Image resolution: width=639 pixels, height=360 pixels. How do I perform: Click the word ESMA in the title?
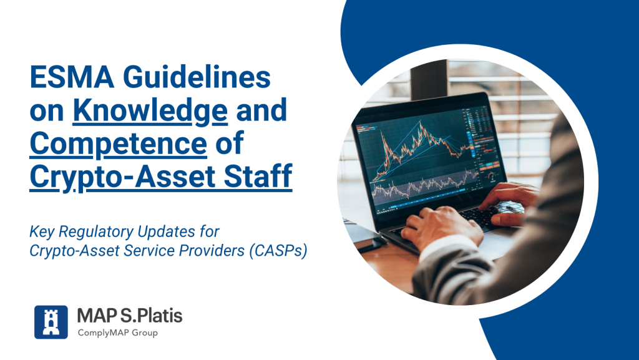(72, 77)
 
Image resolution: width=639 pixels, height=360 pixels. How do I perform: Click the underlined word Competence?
(118, 144)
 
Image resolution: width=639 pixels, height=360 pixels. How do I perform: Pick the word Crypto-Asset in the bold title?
(122, 177)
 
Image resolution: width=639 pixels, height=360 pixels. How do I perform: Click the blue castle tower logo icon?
(51, 322)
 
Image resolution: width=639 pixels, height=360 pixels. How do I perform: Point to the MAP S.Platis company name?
(130, 316)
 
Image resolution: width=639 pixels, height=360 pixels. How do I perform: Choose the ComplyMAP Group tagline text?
(118, 333)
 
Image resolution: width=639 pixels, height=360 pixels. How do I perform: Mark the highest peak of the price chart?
(421, 121)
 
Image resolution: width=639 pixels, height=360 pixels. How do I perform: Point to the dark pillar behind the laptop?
(429, 79)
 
